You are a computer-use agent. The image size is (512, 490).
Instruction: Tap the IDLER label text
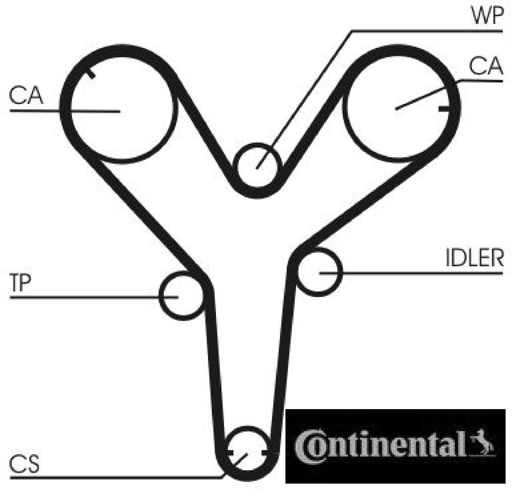point(475,258)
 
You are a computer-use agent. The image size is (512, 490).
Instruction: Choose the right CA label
point(486,66)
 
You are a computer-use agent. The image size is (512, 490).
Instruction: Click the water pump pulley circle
point(257,166)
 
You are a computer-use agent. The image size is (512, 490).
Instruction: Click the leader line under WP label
point(426,31)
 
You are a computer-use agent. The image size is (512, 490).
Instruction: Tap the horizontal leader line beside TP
point(86,297)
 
